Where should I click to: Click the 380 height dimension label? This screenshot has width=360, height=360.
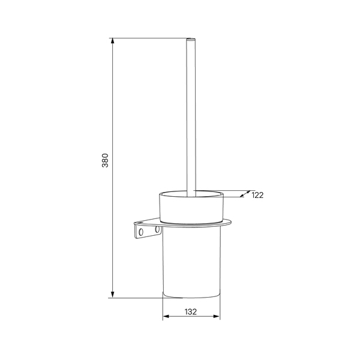(105, 160)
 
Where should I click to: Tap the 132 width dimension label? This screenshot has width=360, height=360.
(191, 312)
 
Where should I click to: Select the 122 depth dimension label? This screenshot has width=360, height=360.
(257, 195)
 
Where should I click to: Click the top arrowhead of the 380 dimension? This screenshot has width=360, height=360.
(113, 41)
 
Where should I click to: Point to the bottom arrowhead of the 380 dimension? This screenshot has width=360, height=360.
(113, 295)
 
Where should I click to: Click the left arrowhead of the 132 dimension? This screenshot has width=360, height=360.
(166, 316)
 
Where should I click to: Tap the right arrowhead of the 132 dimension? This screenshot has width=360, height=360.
(217, 316)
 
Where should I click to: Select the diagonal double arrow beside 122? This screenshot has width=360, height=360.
(245, 194)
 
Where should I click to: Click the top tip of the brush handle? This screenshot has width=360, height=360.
(191, 38)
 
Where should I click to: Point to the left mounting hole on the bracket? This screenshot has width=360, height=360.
(141, 232)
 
